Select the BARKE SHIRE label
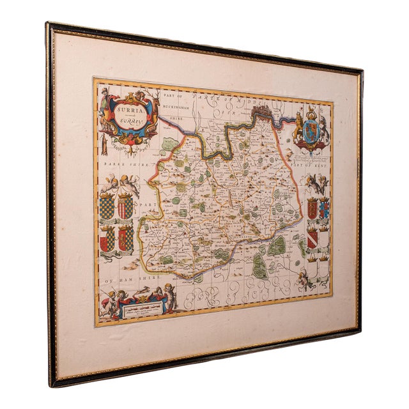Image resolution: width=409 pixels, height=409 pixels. [x=124, y=164]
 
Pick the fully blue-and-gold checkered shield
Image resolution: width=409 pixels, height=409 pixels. [x=107, y=206]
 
